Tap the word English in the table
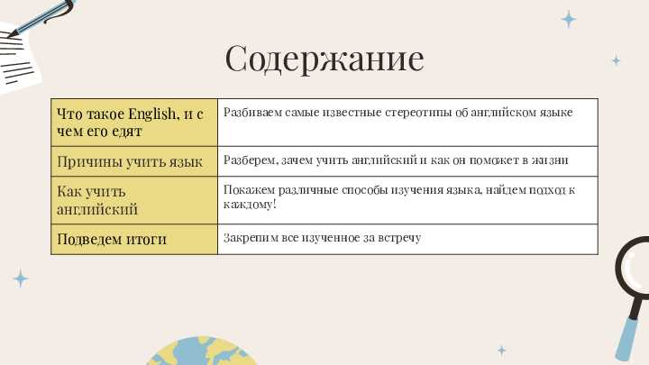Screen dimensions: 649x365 coord(152,114)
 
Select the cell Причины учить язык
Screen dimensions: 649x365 coord(134,161)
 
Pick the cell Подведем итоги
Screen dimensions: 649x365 coord(134,239)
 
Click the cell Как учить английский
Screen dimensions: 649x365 coord(134,200)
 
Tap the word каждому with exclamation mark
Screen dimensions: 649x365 coord(250,204)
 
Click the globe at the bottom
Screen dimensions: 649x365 coord(202,351)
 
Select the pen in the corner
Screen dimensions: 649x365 coord(41,17)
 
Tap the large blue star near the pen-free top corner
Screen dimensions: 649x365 coord(569,20)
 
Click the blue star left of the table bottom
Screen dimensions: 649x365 coord(21,278)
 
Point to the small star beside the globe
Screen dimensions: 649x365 coord(502,351)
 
